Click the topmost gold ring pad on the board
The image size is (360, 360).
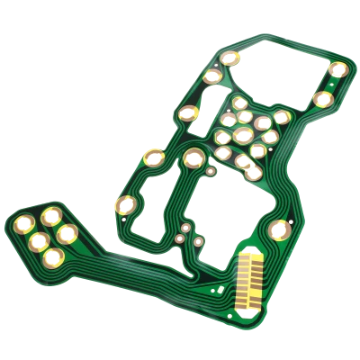tap(229, 58)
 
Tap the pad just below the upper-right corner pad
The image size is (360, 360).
tap(322, 99)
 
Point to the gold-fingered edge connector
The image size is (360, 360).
tap(249, 280)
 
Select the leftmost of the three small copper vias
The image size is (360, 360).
tap(181, 240)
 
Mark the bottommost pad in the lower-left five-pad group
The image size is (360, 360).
tap(52, 259)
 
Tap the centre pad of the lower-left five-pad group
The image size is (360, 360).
tap(39, 239)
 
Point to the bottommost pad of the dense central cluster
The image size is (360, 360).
tap(254, 173)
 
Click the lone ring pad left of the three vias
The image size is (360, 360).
tap(125, 205)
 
